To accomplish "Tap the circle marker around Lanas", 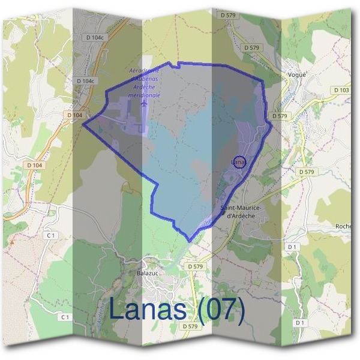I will [x=239, y=162].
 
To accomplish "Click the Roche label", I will [x=343, y=226].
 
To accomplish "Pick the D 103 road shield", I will [x=341, y=90].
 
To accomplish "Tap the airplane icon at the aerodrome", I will [x=144, y=103].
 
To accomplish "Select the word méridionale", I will [x=144, y=95].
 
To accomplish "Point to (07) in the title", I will [x=222, y=310].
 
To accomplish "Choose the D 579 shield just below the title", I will [x=189, y=326].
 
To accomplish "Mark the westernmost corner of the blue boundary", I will [x=83, y=124].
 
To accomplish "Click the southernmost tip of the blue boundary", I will [x=190, y=241].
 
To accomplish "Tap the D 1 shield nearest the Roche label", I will [x=292, y=247].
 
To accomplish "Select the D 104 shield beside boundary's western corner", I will [x=74, y=115].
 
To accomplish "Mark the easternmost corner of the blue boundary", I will [x=272, y=124].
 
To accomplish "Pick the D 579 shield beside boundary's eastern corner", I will [x=280, y=116].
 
